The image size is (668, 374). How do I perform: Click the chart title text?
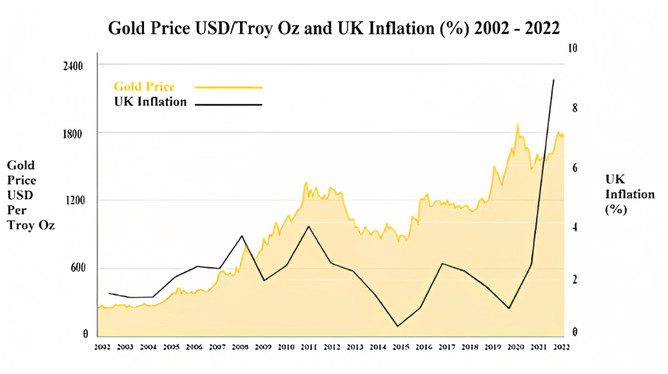click(333, 29)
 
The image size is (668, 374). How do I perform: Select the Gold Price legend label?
click(144, 87)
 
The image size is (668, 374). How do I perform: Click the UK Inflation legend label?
click(150, 102)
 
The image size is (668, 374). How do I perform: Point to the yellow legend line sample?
click(229, 87)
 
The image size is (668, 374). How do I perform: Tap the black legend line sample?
click(229, 104)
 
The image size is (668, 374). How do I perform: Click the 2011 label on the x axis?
click(309, 347)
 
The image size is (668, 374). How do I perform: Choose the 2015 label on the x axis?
click(400, 347)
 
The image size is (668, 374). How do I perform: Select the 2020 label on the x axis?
click(515, 347)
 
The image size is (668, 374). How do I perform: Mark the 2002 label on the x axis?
click(103, 347)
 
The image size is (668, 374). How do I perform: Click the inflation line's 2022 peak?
click(553, 80)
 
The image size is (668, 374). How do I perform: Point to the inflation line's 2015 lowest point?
click(397, 326)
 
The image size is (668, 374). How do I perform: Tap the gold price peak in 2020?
click(517, 124)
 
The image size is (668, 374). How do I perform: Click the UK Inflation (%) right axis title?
click(620, 194)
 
